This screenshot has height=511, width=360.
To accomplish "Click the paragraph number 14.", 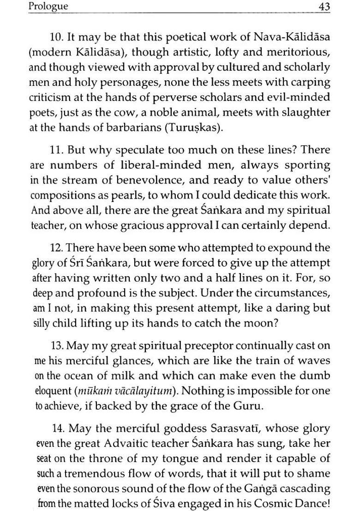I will pos(57,428).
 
